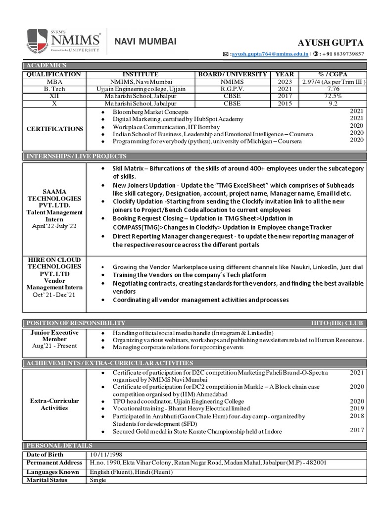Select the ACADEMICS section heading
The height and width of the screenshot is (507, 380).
click(x=47, y=66)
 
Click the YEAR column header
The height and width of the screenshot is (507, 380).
click(x=284, y=74)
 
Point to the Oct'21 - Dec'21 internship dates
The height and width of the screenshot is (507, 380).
click(x=55, y=295)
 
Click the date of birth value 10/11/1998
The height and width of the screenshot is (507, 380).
click(x=105, y=455)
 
